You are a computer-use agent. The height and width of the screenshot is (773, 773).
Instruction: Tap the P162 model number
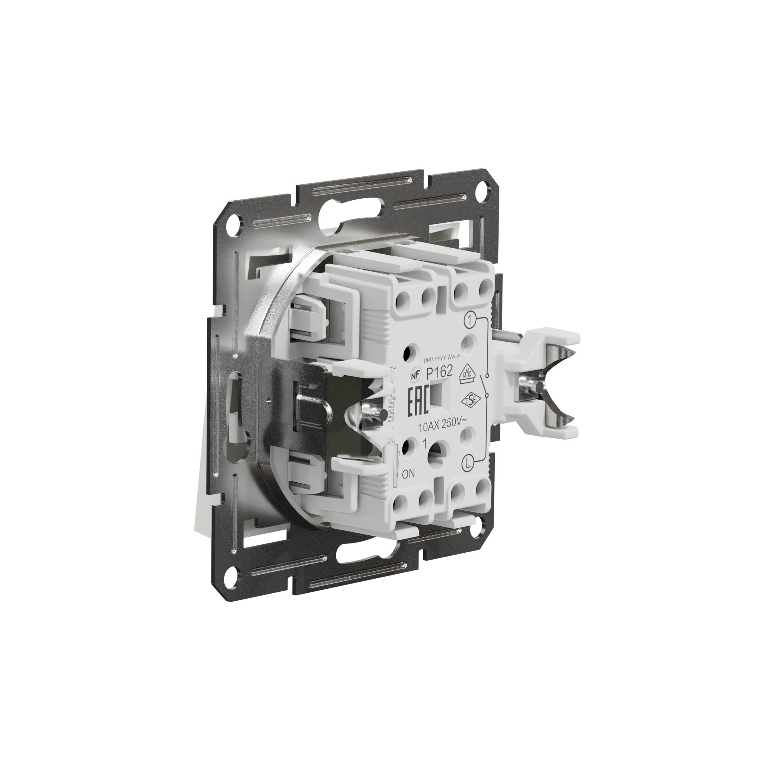pyautogui.click(x=439, y=373)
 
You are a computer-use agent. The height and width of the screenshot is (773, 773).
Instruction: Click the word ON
pyautogui.click(x=408, y=475)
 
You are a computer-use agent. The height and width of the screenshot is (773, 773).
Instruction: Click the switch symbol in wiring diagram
pyautogui.click(x=486, y=386)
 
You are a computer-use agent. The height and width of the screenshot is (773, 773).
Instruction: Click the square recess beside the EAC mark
pyautogui.click(x=440, y=396)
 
